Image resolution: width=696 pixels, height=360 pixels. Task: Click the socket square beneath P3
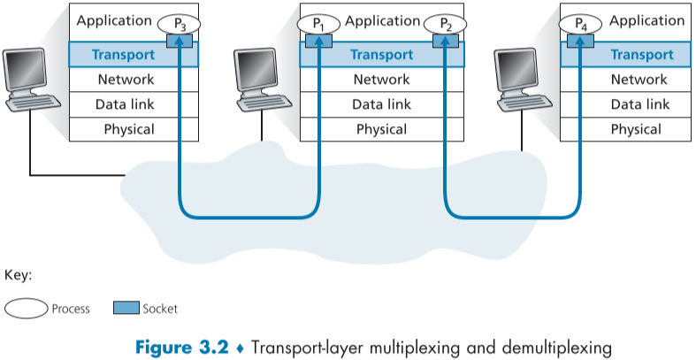[x=180, y=41]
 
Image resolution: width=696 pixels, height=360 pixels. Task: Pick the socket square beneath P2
[x=444, y=41]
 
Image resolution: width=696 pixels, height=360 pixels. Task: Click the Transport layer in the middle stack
[x=381, y=55]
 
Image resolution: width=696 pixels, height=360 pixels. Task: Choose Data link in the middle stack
[x=381, y=104]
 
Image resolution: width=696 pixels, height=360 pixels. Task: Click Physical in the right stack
[x=635, y=129]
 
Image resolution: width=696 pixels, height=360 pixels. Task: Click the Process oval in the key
[x=27, y=309]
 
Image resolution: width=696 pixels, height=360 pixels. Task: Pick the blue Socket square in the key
[x=126, y=309]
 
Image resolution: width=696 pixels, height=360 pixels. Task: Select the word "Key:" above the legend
[x=19, y=275]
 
